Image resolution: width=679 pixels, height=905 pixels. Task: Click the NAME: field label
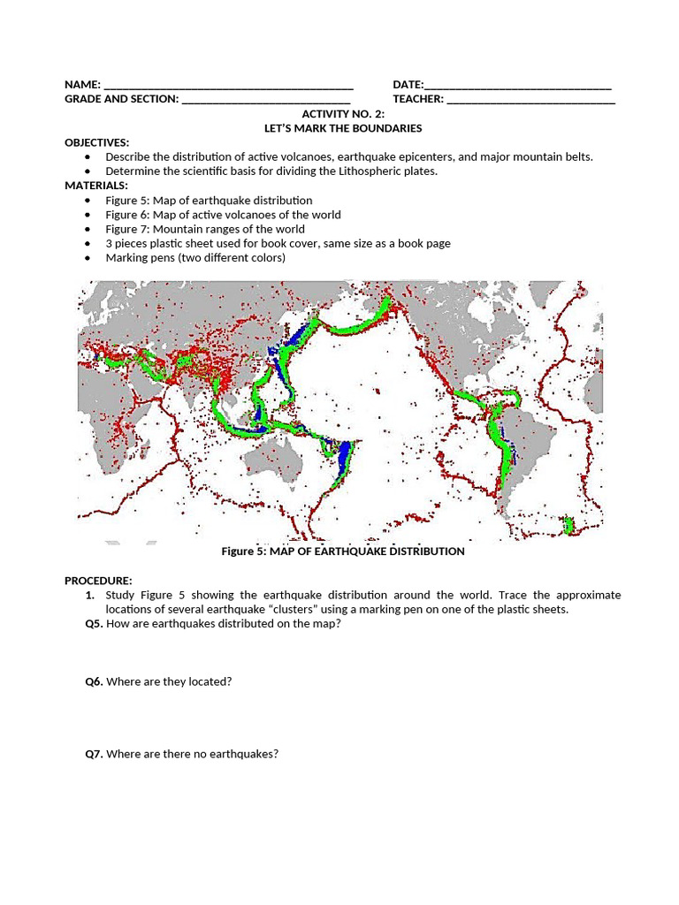click(x=82, y=85)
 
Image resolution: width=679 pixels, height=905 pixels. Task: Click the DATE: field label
click(x=408, y=85)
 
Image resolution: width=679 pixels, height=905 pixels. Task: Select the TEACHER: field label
click(x=418, y=99)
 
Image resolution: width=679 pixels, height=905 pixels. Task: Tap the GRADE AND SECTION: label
click(x=121, y=99)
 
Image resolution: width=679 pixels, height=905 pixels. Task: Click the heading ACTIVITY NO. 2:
click(x=343, y=114)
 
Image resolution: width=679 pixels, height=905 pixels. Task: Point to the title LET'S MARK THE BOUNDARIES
click(x=343, y=128)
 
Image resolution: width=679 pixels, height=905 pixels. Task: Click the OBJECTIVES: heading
click(x=96, y=142)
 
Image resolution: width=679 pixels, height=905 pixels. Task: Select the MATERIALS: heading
click(x=95, y=186)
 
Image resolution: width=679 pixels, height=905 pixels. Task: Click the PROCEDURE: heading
click(x=98, y=581)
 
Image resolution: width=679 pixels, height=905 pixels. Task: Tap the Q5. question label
click(x=94, y=624)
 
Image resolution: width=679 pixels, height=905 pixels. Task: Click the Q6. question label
click(x=94, y=682)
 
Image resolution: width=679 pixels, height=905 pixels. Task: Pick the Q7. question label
click(x=94, y=755)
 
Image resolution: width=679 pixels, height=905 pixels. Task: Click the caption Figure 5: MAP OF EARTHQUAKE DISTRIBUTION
click(x=342, y=551)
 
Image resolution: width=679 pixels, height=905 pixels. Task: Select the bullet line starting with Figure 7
click(x=204, y=229)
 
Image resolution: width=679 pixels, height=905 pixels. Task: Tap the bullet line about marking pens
click(x=195, y=258)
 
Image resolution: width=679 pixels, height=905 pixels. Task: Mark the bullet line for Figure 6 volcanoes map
click(x=223, y=215)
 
